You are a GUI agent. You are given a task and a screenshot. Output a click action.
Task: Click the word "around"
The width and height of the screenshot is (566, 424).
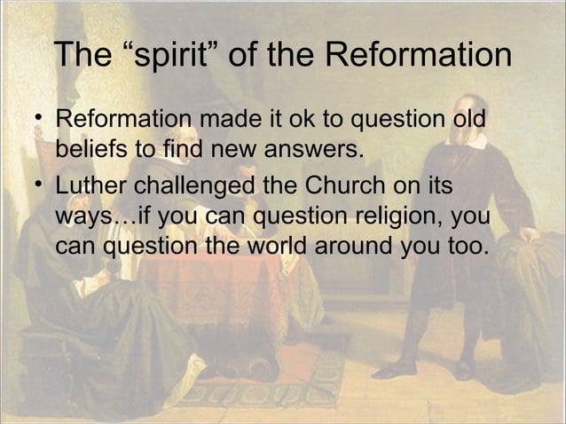[x=350, y=243]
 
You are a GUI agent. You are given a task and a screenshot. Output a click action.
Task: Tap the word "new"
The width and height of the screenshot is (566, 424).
[x=237, y=147]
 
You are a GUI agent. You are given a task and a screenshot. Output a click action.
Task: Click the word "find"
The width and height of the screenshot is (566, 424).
[x=185, y=147]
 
